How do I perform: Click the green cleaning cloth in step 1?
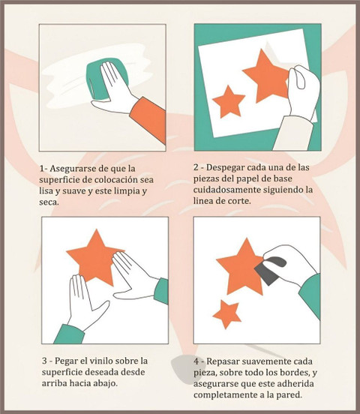[x=97, y=79]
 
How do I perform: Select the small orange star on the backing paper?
[x=229, y=101]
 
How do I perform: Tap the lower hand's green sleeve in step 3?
[x=69, y=334]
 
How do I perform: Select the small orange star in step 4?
[x=227, y=314]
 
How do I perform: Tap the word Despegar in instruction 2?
[x=223, y=168]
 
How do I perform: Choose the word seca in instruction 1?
[x=49, y=202]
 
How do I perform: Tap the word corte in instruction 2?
[x=239, y=201]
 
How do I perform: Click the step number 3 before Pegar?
[x=44, y=361]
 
